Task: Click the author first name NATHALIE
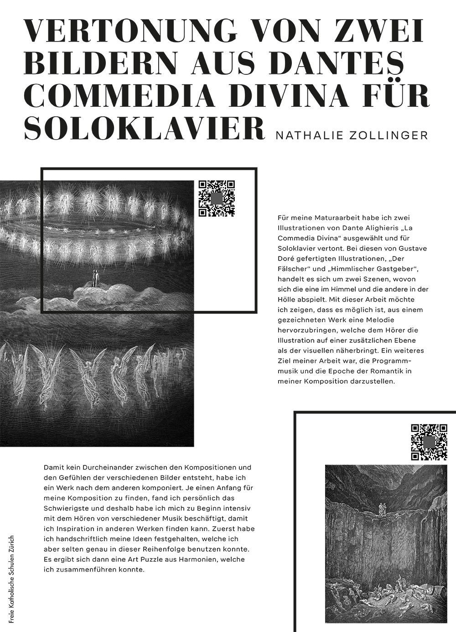point(306,135)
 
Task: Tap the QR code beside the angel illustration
point(217,198)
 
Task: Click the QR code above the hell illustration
point(429,442)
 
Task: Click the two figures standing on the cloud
point(95,278)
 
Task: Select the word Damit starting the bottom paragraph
point(53,468)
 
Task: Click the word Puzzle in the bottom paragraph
point(157,559)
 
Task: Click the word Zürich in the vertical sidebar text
point(12,545)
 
